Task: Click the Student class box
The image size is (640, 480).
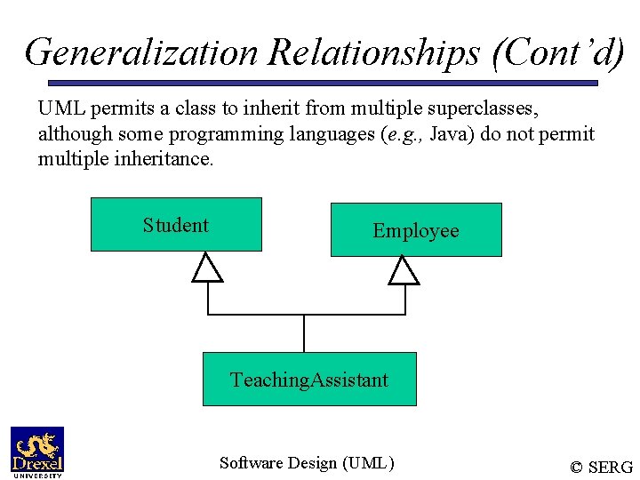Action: coord(176,225)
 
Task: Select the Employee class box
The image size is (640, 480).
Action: coord(416,230)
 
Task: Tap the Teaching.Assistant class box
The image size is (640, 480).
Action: coord(309,380)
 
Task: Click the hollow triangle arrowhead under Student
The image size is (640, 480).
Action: coord(208,268)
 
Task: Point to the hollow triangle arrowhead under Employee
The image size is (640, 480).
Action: coord(404,270)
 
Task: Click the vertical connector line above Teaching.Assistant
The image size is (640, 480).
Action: coord(304,334)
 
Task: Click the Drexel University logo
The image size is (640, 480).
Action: coord(37,452)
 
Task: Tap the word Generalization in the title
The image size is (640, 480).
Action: coord(141,52)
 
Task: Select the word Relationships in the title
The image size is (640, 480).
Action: coord(375,52)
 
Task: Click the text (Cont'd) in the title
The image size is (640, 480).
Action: coord(557,52)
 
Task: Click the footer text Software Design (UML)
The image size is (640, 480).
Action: coord(307,462)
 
